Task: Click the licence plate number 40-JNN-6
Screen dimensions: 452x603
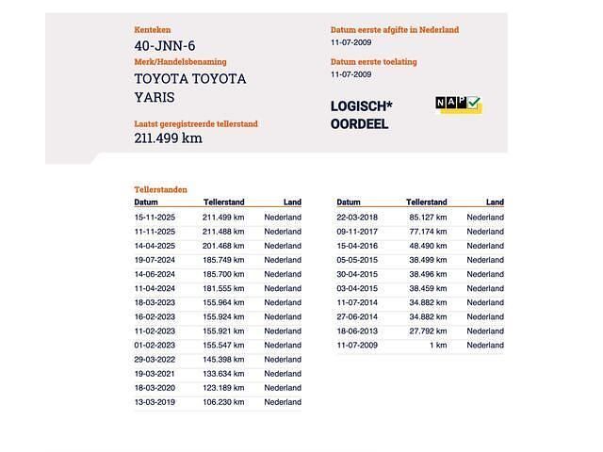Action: (165, 45)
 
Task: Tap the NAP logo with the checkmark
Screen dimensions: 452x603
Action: (458, 104)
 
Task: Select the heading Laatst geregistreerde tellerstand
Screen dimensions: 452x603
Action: (195, 123)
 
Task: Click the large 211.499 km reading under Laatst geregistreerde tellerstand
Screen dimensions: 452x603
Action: (168, 138)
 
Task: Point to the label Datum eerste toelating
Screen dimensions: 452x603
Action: (373, 62)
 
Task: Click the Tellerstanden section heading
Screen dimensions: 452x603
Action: (160, 189)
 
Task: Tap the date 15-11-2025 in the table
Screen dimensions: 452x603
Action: (155, 218)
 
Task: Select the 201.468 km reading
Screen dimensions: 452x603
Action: (223, 246)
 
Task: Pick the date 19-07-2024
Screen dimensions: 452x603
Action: (155, 260)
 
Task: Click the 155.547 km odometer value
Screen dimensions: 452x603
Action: (223, 346)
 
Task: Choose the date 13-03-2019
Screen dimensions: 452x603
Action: (155, 402)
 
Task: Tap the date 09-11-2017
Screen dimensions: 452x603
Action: (357, 232)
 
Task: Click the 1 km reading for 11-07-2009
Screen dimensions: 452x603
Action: (438, 346)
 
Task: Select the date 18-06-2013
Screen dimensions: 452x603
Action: (357, 331)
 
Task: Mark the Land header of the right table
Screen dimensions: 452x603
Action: (495, 202)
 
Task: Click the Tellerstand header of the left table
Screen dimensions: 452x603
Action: (224, 202)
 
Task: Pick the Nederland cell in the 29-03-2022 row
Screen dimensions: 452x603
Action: (283, 360)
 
